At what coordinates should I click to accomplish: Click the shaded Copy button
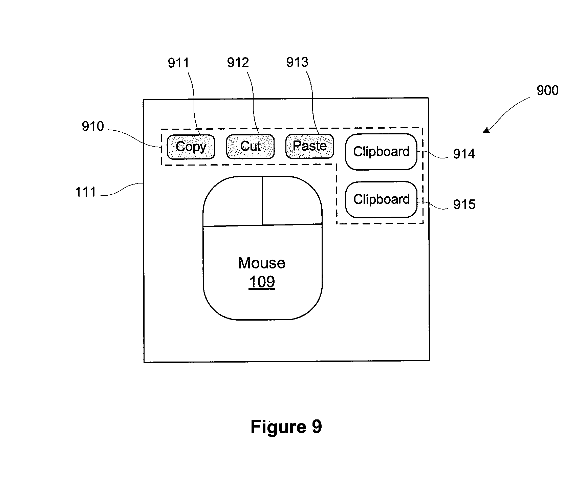191,147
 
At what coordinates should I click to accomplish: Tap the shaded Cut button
250,147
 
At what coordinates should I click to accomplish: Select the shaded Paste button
309,146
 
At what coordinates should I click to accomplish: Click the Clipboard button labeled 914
381,152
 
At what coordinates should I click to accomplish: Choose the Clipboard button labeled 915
381,199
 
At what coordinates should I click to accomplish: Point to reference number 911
178,63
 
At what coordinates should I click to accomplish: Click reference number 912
238,63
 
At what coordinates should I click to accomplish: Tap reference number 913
297,62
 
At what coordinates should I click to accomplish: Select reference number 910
93,126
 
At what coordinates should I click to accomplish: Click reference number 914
464,154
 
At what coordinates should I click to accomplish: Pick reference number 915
464,204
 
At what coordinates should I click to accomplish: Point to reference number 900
547,90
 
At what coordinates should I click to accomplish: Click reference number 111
86,192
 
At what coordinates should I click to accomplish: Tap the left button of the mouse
233,201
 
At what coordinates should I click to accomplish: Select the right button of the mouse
292,200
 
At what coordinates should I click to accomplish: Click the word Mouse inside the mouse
262,263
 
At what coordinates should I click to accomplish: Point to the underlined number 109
262,282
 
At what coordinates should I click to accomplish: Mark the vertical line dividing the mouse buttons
262,201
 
